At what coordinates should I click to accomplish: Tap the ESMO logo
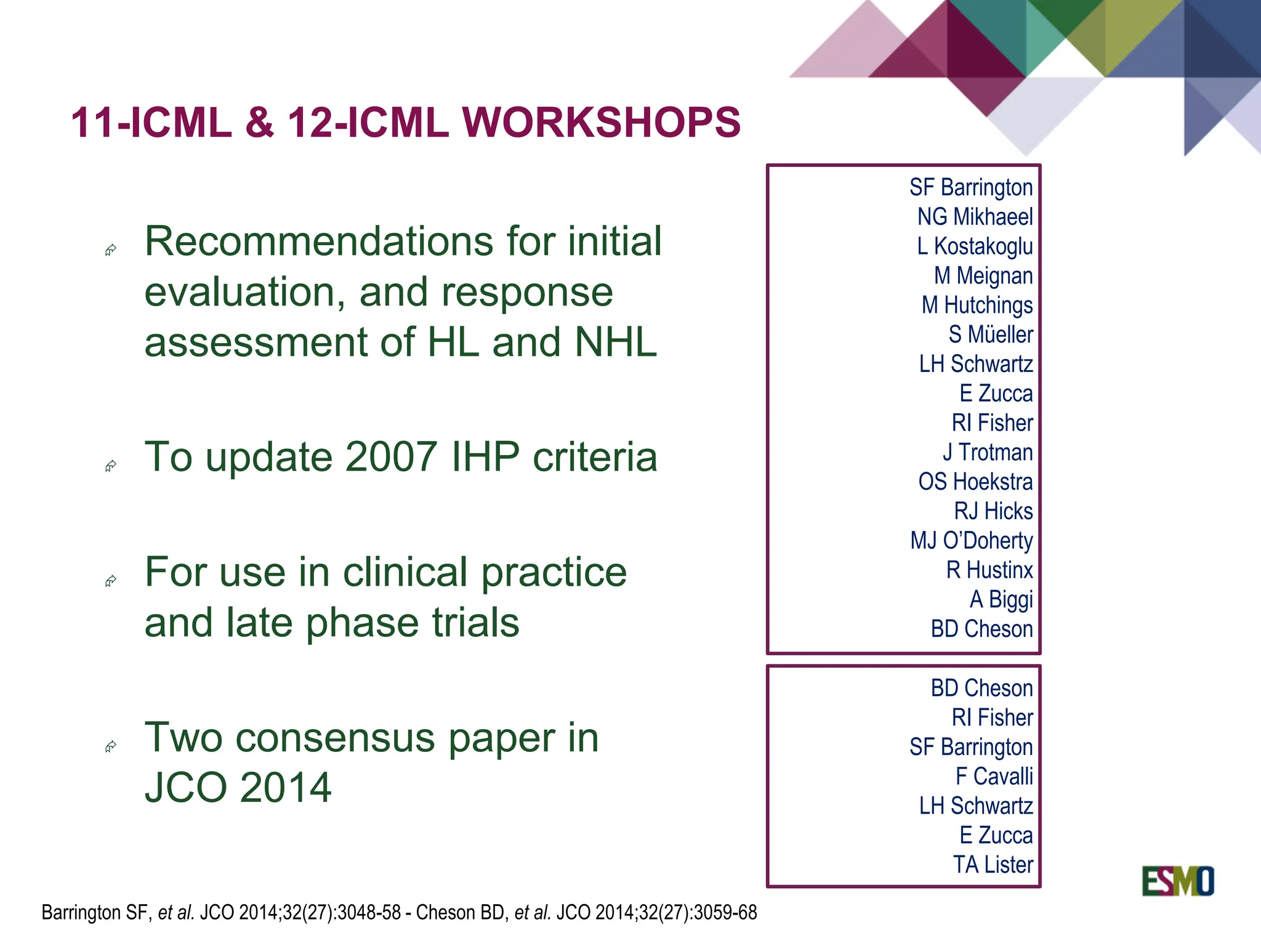pos(1177,881)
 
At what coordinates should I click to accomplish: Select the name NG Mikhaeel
pos(975,217)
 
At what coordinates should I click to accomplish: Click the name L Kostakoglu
pos(975,246)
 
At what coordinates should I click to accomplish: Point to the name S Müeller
pos(990,334)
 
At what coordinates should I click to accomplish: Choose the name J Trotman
pos(988,453)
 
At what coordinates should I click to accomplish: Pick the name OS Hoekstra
pos(975,482)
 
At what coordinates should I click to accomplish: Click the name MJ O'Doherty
pos(972,541)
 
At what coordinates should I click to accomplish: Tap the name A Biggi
pos(1001,600)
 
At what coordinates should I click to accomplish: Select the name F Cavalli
pos(994,777)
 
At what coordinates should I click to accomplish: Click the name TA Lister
pos(993,865)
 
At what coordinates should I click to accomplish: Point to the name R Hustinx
pos(989,570)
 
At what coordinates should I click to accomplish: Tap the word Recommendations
pos(318,241)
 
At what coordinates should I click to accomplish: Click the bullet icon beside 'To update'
pos(111,466)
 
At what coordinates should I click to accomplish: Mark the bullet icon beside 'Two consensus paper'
pos(111,747)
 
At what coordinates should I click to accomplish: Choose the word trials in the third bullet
pos(475,623)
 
